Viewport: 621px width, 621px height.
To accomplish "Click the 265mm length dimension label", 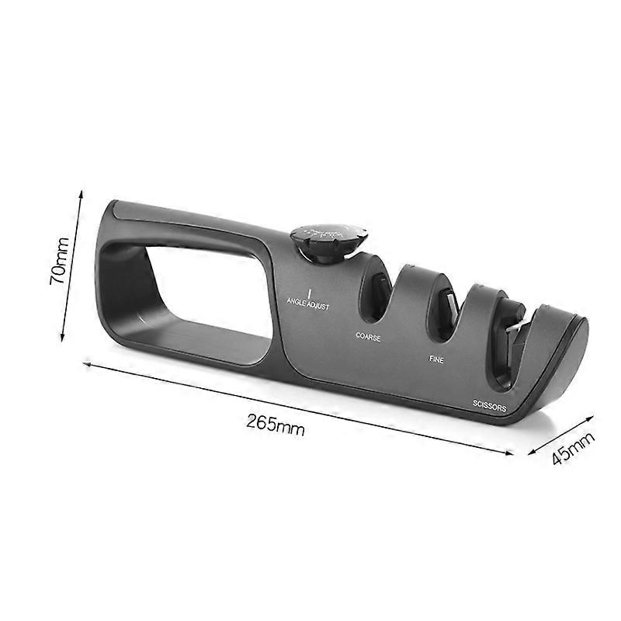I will [276, 424].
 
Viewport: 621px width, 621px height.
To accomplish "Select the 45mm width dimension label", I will [573, 448].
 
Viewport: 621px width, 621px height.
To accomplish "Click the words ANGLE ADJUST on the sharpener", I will [308, 306].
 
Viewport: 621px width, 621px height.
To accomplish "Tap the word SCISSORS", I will [490, 406].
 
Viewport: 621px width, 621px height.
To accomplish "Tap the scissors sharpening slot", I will [508, 342].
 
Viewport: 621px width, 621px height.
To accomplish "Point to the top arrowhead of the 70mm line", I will [80, 190].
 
